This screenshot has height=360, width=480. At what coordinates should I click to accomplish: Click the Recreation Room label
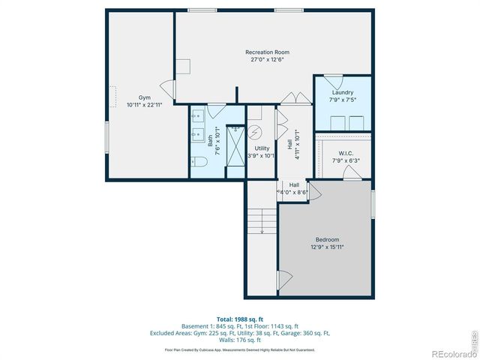(x=267, y=52)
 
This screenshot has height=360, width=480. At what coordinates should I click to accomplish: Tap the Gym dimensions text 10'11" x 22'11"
(x=145, y=105)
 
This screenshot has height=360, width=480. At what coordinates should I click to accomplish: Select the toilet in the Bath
(x=199, y=162)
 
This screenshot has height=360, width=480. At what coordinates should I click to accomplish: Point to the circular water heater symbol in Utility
(x=256, y=133)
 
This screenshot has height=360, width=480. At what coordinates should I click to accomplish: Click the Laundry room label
(x=342, y=92)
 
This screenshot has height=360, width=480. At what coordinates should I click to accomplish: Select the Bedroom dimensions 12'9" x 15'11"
(x=327, y=247)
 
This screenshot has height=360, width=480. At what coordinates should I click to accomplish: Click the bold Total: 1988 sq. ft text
(x=240, y=319)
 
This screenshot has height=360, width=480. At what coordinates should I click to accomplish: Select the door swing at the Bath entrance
(x=216, y=110)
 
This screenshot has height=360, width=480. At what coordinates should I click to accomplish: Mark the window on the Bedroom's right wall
(x=373, y=204)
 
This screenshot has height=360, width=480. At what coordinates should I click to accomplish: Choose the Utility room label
(x=262, y=148)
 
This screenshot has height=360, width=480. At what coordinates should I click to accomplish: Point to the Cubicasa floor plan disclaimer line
(x=240, y=349)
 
